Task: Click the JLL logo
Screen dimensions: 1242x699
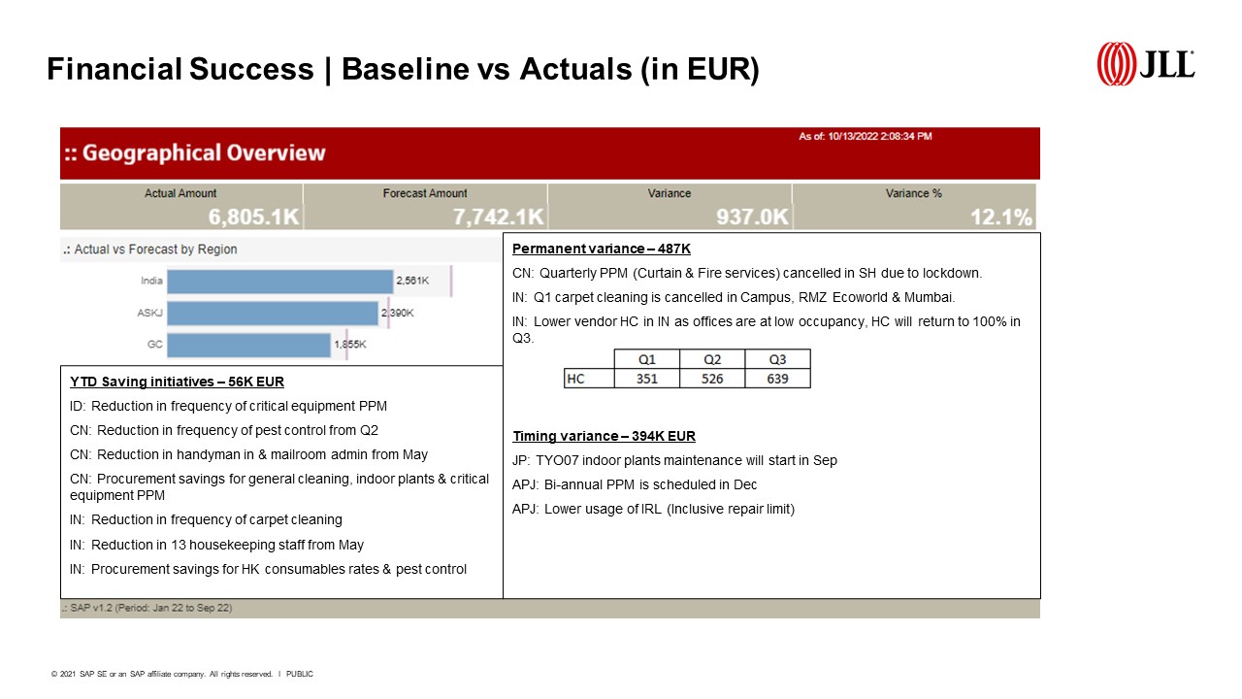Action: [x=1146, y=64]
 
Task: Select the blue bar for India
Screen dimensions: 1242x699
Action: [x=280, y=282]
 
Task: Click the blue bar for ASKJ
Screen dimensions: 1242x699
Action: [x=273, y=314]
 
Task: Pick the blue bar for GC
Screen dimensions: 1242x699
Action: [x=249, y=345]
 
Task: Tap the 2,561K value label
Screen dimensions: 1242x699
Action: [x=412, y=281]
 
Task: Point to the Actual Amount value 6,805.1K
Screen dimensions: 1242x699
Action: [x=254, y=216]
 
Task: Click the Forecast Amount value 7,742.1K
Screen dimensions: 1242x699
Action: [x=499, y=216]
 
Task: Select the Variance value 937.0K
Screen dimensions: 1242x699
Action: [x=752, y=216]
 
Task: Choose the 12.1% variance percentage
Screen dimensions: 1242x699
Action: [x=1001, y=216]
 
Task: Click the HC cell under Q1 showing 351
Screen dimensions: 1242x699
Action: [x=647, y=379]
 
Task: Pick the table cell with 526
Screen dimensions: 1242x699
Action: [x=712, y=379]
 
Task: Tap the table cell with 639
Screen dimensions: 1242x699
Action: [x=778, y=379]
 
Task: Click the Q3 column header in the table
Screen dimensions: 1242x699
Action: [x=778, y=359]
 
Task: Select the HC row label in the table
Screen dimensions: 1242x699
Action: [x=589, y=379]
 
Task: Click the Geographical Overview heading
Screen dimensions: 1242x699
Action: [x=195, y=153]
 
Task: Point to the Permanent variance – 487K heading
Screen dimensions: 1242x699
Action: [x=602, y=249]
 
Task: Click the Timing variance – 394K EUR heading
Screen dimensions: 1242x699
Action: [x=604, y=436]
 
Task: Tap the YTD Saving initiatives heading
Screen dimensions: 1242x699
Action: [x=177, y=382]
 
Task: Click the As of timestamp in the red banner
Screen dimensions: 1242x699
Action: [x=865, y=137]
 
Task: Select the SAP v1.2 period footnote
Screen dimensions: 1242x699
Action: [x=147, y=608]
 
